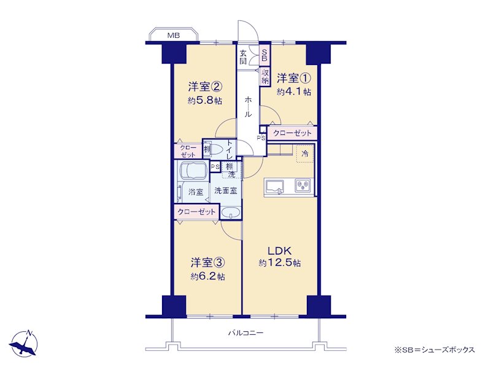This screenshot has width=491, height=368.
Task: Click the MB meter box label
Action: click(x=174, y=36)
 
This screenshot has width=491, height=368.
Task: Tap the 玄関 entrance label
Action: click(x=243, y=57)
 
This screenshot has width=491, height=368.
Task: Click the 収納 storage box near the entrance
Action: click(x=265, y=77)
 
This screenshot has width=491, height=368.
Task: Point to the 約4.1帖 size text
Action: click(x=294, y=92)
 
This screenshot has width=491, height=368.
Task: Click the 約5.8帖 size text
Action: click(x=205, y=101)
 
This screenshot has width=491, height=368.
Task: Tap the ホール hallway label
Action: click(x=248, y=106)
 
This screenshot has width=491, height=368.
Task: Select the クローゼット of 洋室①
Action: click(x=292, y=133)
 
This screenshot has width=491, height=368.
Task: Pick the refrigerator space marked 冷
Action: click(x=304, y=154)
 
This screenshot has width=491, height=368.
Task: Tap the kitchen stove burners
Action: click(x=303, y=185)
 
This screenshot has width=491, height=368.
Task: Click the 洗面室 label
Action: click(x=225, y=191)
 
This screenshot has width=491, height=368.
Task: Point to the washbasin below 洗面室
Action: click(x=231, y=213)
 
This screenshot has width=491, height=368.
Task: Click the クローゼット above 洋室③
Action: click(x=196, y=212)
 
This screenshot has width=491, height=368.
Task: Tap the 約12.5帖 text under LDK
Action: click(x=280, y=263)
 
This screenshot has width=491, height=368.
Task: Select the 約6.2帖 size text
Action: click(x=207, y=277)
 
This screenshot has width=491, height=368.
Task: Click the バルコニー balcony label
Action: click(x=245, y=333)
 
